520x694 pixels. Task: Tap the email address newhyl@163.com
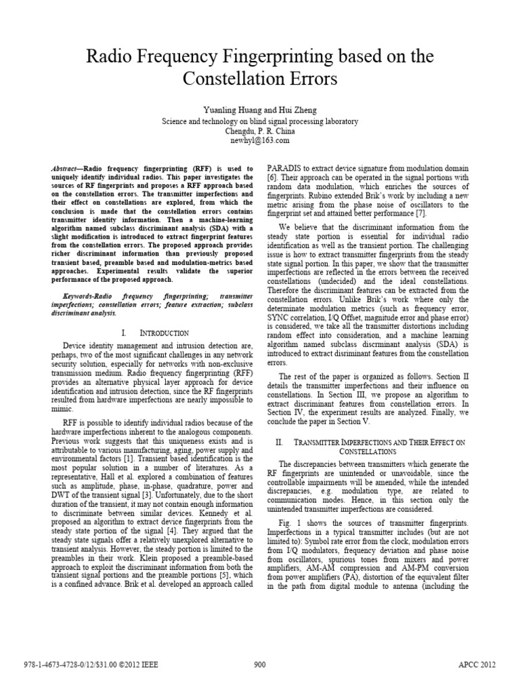(x=259, y=140)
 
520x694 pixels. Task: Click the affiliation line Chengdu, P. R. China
(x=259, y=131)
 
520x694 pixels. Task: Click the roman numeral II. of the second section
(x=279, y=441)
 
